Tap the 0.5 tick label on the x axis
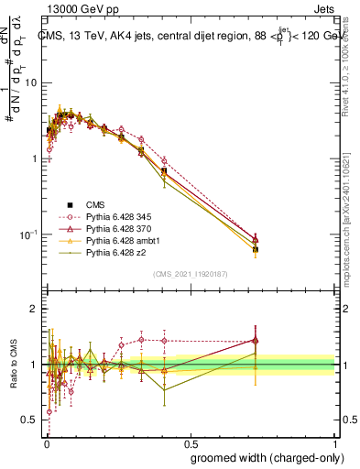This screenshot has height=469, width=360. coord(190,441)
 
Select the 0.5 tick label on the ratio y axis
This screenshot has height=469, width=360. coord(30,420)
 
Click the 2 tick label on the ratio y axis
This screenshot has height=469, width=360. coord(35,310)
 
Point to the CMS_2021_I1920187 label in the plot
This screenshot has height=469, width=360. coord(190,274)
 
